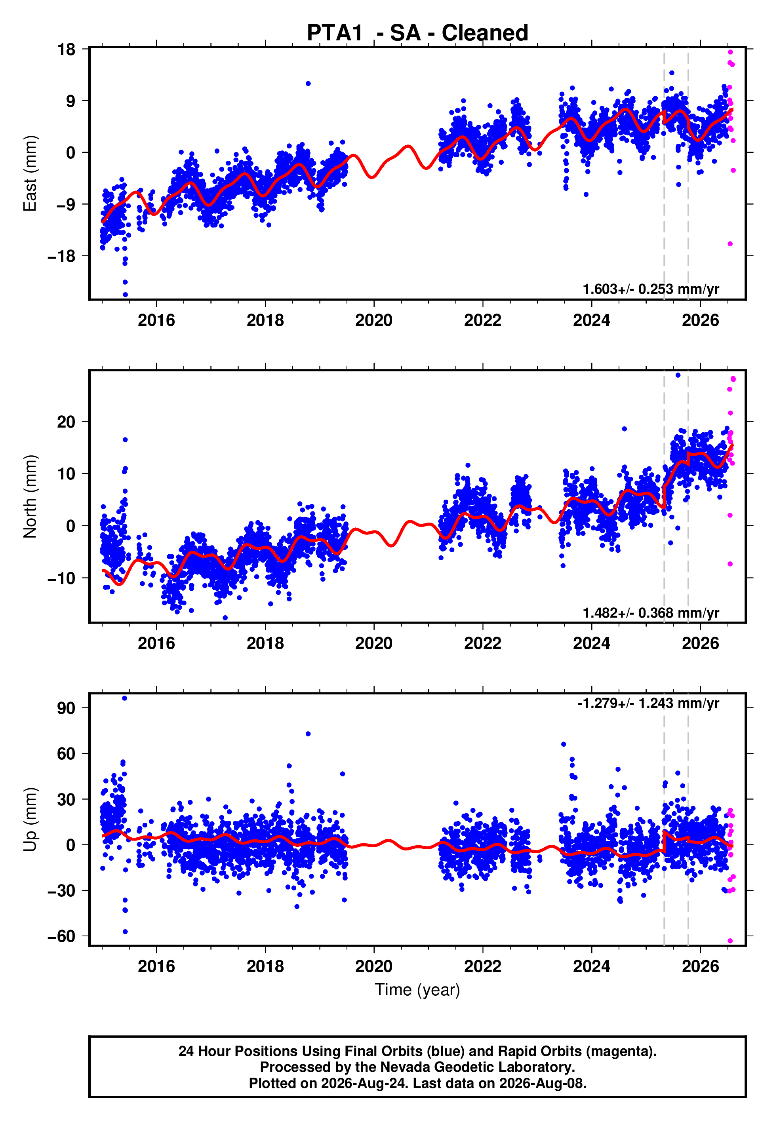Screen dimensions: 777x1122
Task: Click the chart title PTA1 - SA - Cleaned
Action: pyautogui.click(x=417, y=33)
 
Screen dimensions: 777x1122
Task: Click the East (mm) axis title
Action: pyautogui.click(x=30, y=173)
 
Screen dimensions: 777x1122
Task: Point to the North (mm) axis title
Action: pyautogui.click(x=30, y=496)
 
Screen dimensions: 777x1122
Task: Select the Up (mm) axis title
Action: pyautogui.click(x=30, y=820)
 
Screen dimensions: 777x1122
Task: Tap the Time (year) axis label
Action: pyautogui.click(x=417, y=990)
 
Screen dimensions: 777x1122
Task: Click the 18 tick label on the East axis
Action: pyautogui.click(x=67, y=49)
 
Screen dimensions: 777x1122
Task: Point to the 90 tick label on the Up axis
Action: pyautogui.click(x=66, y=708)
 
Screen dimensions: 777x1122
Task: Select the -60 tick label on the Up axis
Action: pyautogui.click(x=62, y=936)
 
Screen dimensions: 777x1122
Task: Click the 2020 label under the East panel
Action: pyautogui.click(x=374, y=320)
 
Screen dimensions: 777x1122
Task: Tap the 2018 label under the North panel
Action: pyautogui.click(x=265, y=643)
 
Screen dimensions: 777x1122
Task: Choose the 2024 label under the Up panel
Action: pyautogui.click(x=592, y=966)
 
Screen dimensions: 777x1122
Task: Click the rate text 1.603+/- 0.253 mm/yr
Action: pyautogui.click(x=651, y=289)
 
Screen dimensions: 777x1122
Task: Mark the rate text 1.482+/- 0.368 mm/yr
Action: pyautogui.click(x=651, y=612)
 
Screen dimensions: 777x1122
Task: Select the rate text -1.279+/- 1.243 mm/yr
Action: pyautogui.click(x=648, y=703)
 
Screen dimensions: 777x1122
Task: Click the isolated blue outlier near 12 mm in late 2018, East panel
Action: pyautogui.click(x=308, y=84)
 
